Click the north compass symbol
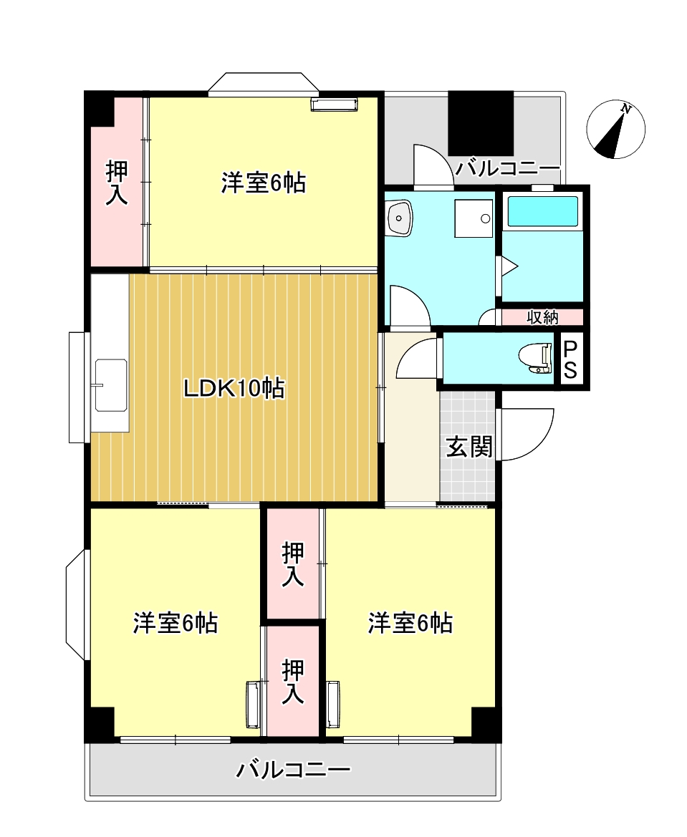pyautogui.click(x=615, y=130)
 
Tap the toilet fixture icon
pyautogui.click(x=535, y=358)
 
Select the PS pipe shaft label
pyautogui.click(x=570, y=359)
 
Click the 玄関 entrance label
pyautogui.click(x=469, y=446)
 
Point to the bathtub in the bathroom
pyautogui.click(x=542, y=211)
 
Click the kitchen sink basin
pyautogui.click(x=111, y=385)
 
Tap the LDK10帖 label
pyautogui.click(x=234, y=389)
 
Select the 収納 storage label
pyautogui.click(x=542, y=317)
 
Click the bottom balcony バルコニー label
pyautogui.click(x=293, y=770)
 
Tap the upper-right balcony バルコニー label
pyautogui.click(x=506, y=169)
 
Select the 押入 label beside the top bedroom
pyautogui.click(x=117, y=183)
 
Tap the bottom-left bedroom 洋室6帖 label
pyautogui.click(x=176, y=623)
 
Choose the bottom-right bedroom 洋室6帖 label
pyautogui.click(x=410, y=623)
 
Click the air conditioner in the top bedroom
pyautogui.click(x=334, y=105)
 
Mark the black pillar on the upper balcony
pyautogui.click(x=481, y=123)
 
